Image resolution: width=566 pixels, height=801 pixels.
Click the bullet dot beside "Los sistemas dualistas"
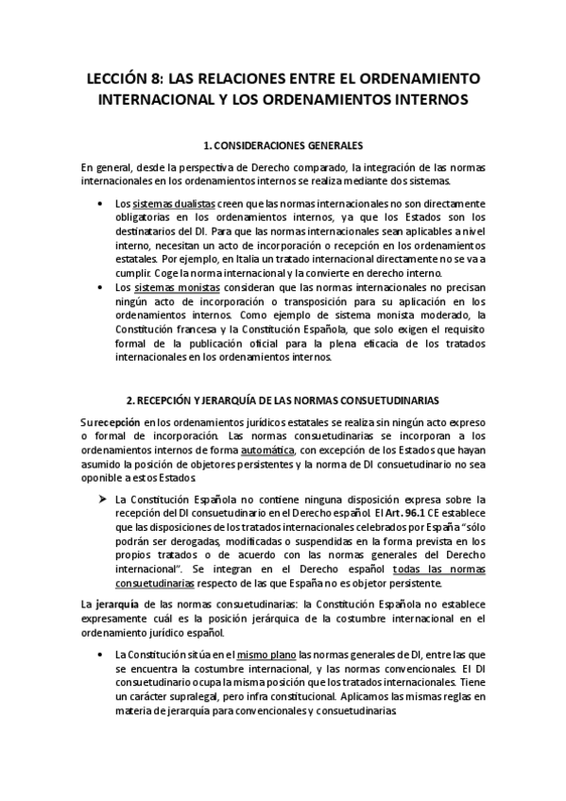(x=102, y=204)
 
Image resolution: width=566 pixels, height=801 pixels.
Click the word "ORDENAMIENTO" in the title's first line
(x=423, y=77)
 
